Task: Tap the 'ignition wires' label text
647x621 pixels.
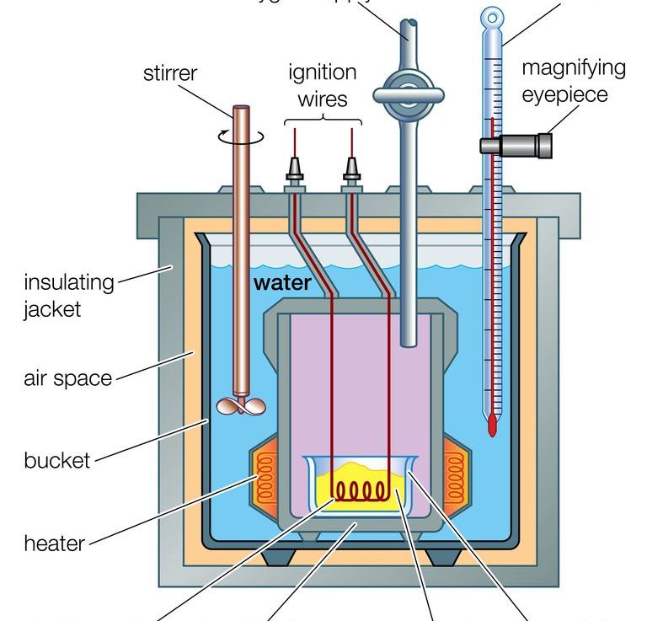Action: (x=323, y=85)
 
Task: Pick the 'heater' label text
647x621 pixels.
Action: (x=55, y=543)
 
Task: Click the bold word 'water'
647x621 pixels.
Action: (x=282, y=283)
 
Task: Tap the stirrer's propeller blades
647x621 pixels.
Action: (x=241, y=407)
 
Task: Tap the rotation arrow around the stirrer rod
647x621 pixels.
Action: (x=243, y=135)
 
